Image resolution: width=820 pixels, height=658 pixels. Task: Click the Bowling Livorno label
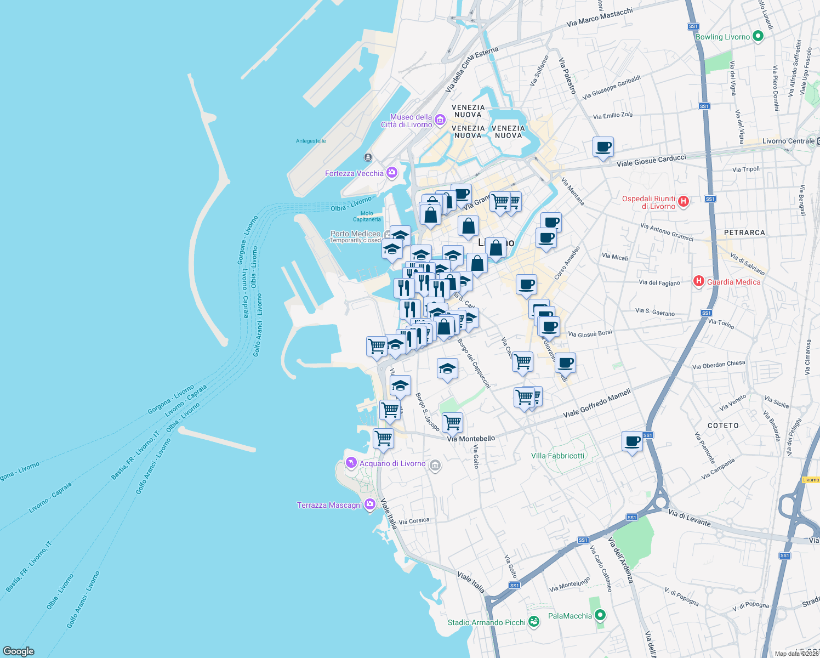tap(722, 37)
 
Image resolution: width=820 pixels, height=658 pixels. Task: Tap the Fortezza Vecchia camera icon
tap(391, 173)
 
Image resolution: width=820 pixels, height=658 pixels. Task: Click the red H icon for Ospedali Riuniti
tap(683, 201)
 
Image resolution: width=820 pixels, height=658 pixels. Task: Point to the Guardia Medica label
tap(733, 282)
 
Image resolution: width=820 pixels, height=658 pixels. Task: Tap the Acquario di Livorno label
tap(392, 463)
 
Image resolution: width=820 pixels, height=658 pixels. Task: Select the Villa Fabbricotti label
tap(557, 456)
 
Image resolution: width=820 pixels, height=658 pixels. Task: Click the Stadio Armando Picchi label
tap(486, 622)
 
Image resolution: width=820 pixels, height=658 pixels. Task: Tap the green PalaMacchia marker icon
tap(600, 615)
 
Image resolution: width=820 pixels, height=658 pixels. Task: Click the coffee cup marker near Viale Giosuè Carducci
tap(603, 147)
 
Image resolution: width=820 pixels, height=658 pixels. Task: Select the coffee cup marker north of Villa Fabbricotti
tap(632, 441)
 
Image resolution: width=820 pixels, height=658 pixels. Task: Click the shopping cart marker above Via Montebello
tap(452, 422)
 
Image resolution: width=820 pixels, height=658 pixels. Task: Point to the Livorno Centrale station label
tap(788, 141)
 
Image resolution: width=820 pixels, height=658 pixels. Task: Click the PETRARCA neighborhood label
tap(744, 232)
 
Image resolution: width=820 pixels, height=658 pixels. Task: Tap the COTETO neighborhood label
tap(723, 426)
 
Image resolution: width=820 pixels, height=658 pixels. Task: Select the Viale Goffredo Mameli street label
tap(597, 404)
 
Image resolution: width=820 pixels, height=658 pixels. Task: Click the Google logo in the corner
tap(19, 651)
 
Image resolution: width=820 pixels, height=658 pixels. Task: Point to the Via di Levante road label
tap(690, 518)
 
